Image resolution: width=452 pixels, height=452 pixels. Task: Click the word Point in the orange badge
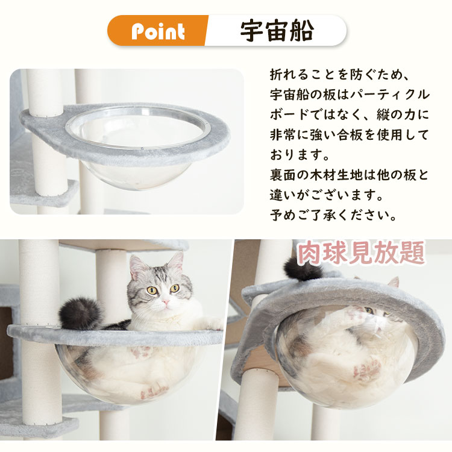pos(158,31)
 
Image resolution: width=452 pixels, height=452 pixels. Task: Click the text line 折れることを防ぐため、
pos(340,77)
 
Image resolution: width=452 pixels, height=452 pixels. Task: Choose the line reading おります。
pos(300,155)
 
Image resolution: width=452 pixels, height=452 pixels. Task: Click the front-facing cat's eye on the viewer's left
pos(152,290)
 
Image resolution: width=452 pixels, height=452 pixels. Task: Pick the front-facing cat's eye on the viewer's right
pos(174,288)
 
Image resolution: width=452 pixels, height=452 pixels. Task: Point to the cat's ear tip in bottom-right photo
pos(395,280)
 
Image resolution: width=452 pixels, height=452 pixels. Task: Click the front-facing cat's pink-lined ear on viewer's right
pos(175,263)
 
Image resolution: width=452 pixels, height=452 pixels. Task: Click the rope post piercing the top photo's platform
pos(45,96)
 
